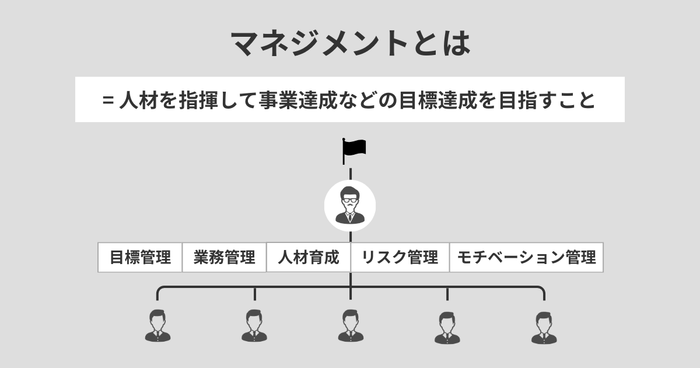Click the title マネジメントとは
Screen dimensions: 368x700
(x=350, y=43)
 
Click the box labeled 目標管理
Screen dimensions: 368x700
(x=140, y=258)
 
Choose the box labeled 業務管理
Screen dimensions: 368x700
(x=225, y=258)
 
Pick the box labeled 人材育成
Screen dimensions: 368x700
(x=309, y=258)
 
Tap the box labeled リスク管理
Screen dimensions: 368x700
(x=400, y=258)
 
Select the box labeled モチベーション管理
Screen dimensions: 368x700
(x=526, y=258)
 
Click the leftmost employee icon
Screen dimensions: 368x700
(x=157, y=326)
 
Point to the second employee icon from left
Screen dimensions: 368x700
(x=254, y=326)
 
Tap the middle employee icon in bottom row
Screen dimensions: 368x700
(x=350, y=326)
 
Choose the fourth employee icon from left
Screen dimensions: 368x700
(x=447, y=328)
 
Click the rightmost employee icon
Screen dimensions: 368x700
(x=544, y=328)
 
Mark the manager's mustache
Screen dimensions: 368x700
(x=350, y=206)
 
